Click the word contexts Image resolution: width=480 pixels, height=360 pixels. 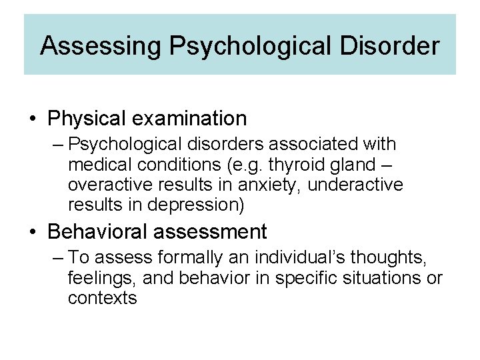(102, 297)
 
